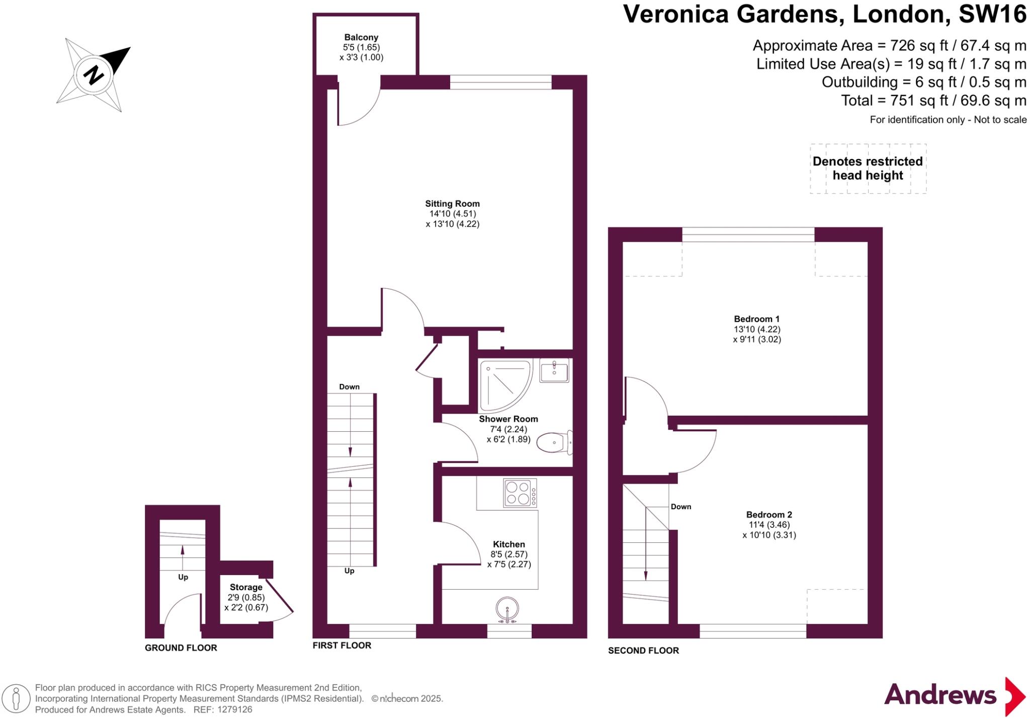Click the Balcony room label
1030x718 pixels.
click(x=361, y=37)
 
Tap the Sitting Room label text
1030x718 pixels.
click(x=452, y=204)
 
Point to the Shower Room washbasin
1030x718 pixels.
click(x=554, y=371)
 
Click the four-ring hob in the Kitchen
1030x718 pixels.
click(x=520, y=493)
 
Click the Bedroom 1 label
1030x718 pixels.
click(x=756, y=319)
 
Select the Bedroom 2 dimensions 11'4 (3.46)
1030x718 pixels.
click(x=769, y=525)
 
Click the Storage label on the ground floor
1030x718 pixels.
click(x=246, y=587)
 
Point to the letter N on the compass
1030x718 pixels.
click(x=93, y=75)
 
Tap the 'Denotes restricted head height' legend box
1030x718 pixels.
click(x=868, y=169)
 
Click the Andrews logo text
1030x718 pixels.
click(x=939, y=695)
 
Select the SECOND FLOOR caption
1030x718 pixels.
click(x=643, y=651)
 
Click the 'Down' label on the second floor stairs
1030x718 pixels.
click(x=681, y=507)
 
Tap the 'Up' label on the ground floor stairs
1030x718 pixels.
click(x=183, y=577)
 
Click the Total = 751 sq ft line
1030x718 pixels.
click(x=933, y=101)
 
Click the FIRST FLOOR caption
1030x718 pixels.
click(x=341, y=646)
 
